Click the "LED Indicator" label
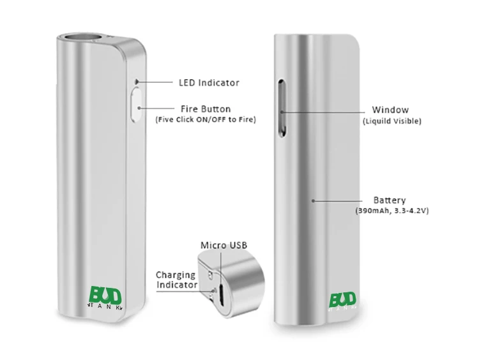(x=208, y=82)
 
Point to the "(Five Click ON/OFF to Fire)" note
(x=205, y=119)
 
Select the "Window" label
(x=392, y=110)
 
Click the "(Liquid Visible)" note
(x=392, y=121)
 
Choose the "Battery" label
(x=390, y=200)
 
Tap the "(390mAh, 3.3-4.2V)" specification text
(x=391, y=211)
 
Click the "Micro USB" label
(x=224, y=245)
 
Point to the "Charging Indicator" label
(x=176, y=280)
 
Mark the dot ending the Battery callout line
(x=313, y=200)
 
